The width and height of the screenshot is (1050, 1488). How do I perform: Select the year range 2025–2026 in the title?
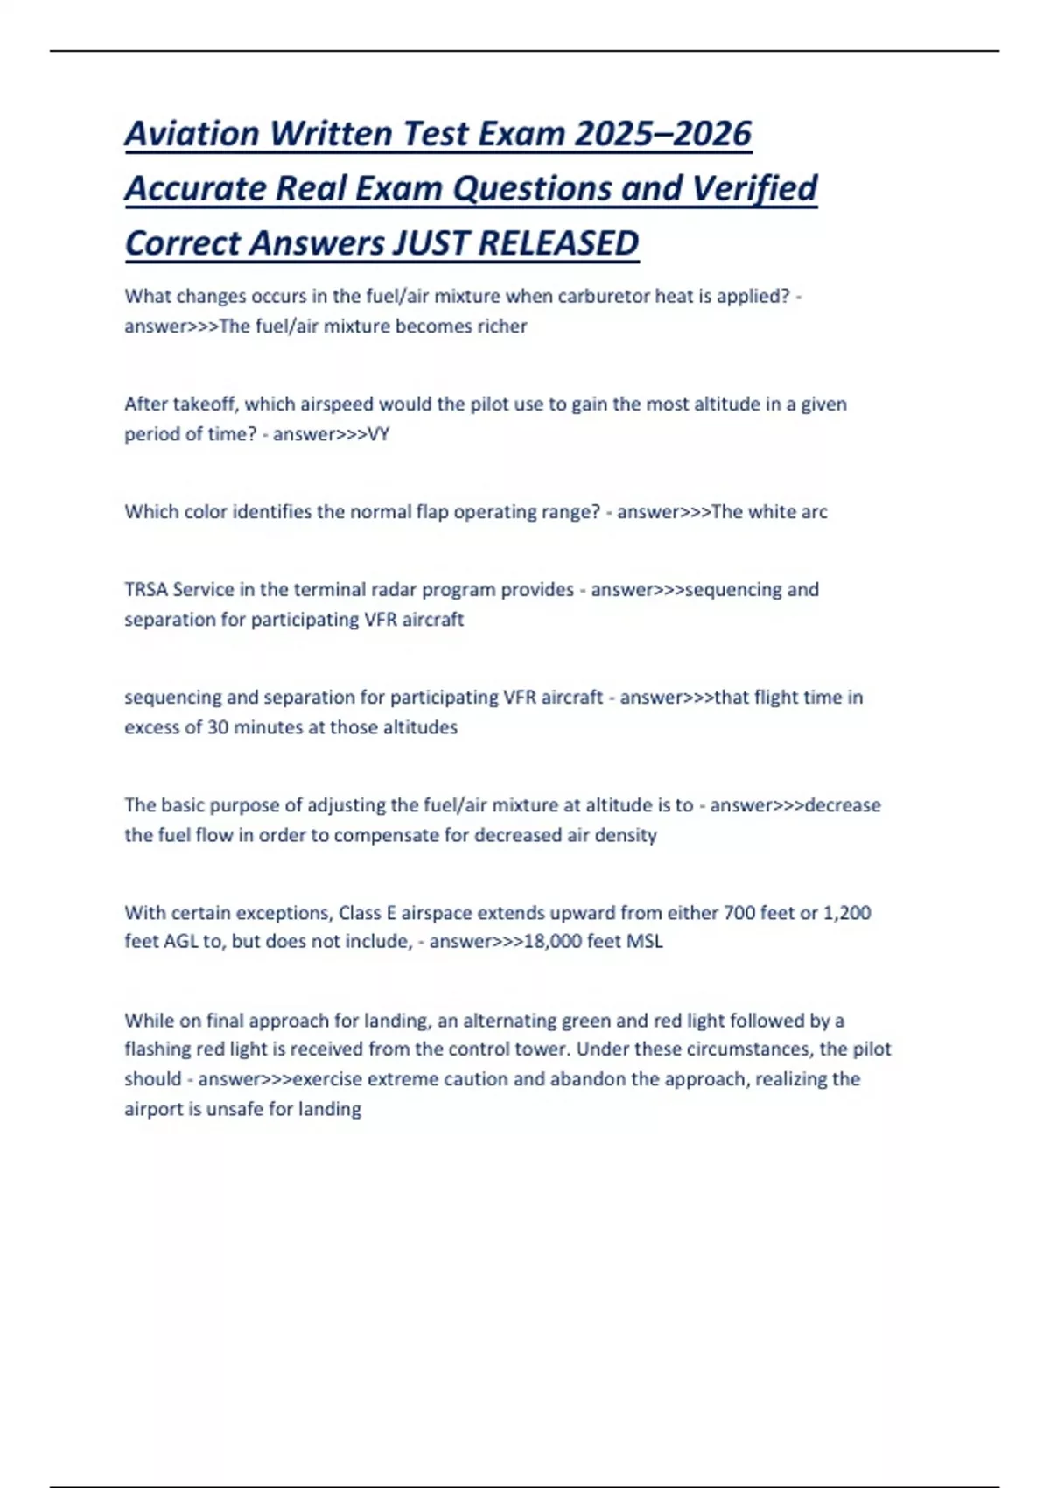tap(663, 134)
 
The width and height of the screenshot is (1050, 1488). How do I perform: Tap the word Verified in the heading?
tap(754, 188)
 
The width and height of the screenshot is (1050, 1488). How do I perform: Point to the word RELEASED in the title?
tap(558, 243)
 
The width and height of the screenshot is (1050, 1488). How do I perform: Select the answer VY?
tap(378, 434)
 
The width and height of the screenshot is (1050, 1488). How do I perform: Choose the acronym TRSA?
tap(146, 590)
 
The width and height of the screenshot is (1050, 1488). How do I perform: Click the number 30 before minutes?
tap(218, 727)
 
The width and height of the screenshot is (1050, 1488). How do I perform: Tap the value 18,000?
tap(552, 942)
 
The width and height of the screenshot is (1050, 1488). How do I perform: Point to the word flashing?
tap(157, 1049)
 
